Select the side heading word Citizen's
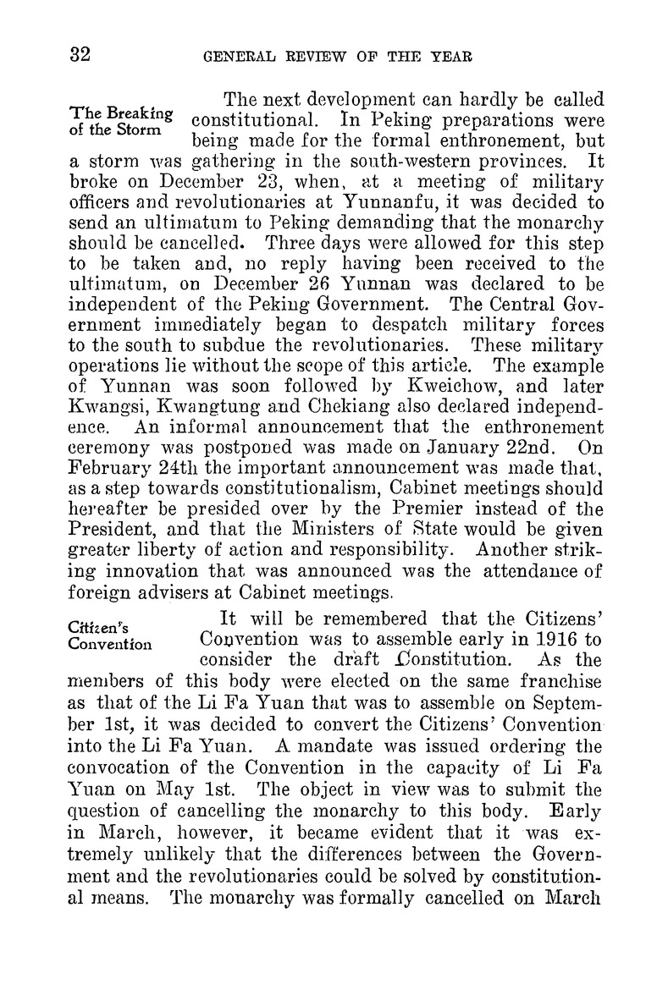[x=97, y=625]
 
